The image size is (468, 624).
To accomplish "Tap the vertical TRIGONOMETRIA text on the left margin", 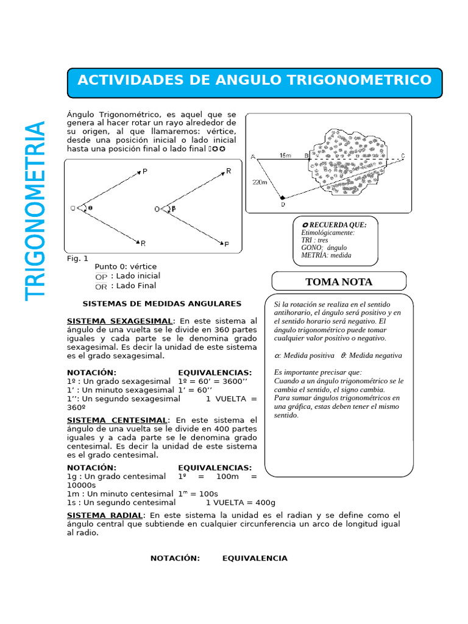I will tap(36, 210).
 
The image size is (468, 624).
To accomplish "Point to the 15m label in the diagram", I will tap(285, 156).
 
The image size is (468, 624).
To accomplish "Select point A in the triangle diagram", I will tap(253, 157).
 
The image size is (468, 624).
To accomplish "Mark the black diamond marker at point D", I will tap(282, 198).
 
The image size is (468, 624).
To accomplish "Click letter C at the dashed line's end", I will tap(403, 157).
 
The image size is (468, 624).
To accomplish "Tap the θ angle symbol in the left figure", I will tap(91, 208).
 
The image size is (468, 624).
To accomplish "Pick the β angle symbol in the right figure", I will tap(173, 208).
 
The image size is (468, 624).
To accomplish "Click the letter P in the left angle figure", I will tap(145, 172).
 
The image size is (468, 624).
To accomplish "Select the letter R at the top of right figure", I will tap(229, 171).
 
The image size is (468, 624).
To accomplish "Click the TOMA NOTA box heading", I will tap(339, 282).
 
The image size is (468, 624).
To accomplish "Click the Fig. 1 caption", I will tap(77, 258).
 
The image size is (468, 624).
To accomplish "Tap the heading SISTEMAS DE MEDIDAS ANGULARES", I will tap(162, 303).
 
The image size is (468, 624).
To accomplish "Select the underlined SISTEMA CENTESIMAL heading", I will tap(116, 420).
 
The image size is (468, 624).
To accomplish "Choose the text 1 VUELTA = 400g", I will tap(241, 503).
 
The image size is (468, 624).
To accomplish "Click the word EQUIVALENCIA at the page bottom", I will tap(255, 558).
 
